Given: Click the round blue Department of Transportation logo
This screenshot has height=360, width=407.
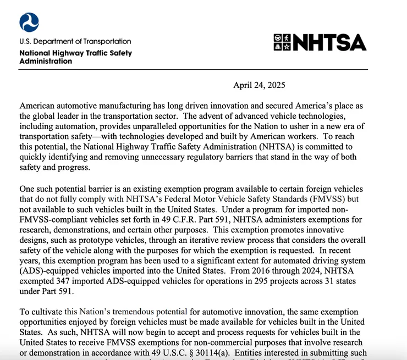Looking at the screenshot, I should (x=29, y=22).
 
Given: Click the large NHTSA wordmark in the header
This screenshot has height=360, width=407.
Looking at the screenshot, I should (x=328, y=43).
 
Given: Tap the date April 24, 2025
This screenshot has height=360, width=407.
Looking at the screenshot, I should (x=259, y=85).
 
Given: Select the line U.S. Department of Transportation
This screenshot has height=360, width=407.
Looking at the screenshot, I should (x=75, y=41).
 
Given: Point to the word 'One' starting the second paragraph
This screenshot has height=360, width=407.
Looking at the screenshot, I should (x=28, y=189).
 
